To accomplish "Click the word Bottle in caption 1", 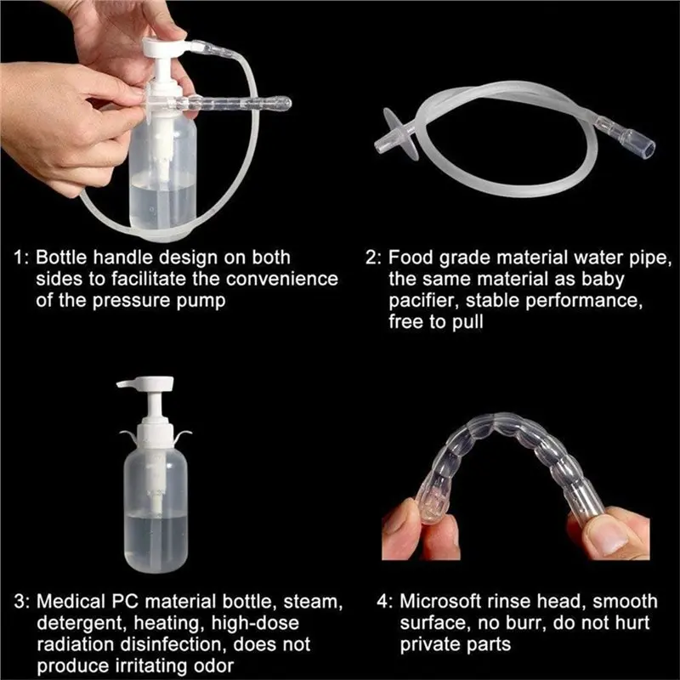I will (x=65, y=257).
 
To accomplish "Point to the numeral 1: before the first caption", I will (x=22, y=257).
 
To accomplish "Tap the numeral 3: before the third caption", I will (x=22, y=600).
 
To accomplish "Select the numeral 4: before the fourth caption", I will (x=383, y=600).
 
